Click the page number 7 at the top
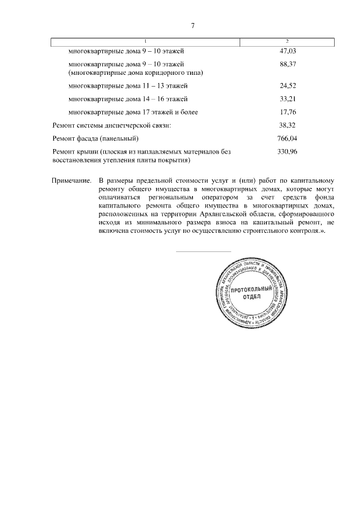tap(193, 26)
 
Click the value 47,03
tap(287, 51)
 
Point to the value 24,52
tap(287, 85)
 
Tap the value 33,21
tap(287, 99)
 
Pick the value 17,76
tap(287, 112)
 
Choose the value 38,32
tap(287, 125)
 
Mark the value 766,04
tap(287, 138)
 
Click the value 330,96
tap(287, 151)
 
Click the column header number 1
tap(145, 41)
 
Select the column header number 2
tap(287, 41)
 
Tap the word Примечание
tap(71, 181)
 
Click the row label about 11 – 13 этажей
tap(128, 85)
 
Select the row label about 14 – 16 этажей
tap(128, 99)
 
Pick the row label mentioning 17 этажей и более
tap(133, 112)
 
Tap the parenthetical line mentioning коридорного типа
tap(136, 73)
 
